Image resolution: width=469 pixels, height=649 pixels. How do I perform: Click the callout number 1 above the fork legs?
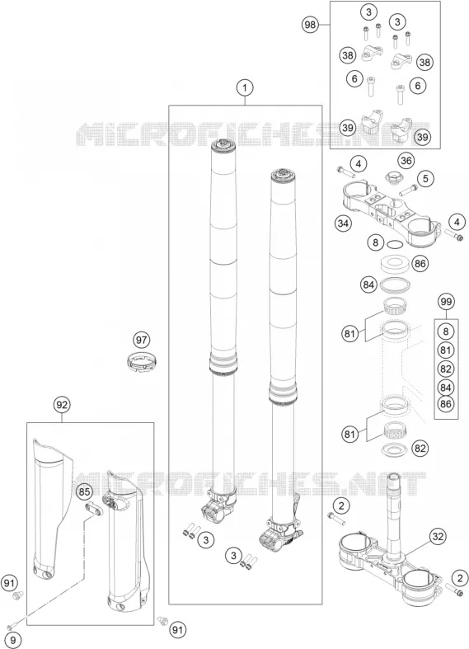tap(245, 87)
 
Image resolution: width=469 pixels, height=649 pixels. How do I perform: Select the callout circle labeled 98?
tap(310, 25)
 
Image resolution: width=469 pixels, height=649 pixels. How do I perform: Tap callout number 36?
tap(406, 161)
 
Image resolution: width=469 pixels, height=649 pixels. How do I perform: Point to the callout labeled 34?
tap(343, 223)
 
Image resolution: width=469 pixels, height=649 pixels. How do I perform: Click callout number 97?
tap(142, 340)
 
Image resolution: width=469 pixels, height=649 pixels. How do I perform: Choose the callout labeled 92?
tap(62, 405)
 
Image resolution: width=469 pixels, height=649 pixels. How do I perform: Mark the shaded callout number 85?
tap(84, 492)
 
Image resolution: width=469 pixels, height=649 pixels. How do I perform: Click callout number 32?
tap(438, 537)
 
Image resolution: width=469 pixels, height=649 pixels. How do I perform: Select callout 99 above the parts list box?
tap(446, 302)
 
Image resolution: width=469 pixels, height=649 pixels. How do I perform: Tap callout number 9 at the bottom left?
tap(13, 640)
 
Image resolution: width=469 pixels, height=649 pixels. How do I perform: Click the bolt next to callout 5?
tap(408, 190)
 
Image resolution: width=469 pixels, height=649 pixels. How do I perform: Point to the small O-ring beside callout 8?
tap(394, 245)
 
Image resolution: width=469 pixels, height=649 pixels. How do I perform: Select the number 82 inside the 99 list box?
tap(445, 369)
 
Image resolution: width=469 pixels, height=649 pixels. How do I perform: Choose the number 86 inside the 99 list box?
tap(445, 403)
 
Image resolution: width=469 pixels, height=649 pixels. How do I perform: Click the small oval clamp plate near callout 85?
tap(94, 510)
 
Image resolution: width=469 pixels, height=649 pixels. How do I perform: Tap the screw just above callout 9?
tap(13, 624)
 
